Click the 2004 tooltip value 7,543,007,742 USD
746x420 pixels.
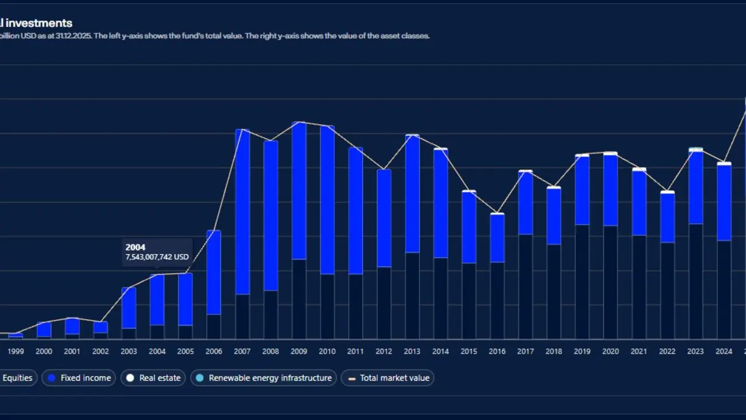[x=157, y=257]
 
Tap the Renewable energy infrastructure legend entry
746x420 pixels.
[x=264, y=378]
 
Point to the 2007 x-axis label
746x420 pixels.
[x=242, y=351]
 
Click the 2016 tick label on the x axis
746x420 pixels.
[x=497, y=351]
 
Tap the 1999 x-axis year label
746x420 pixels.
[x=16, y=351]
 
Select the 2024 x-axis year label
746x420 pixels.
[x=724, y=351]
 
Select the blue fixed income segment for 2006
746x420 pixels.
[x=214, y=272]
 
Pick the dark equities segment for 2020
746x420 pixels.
[x=610, y=282]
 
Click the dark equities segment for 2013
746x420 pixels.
[x=412, y=296]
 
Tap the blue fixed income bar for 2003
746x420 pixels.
[x=129, y=308]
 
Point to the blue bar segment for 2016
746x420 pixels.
[x=497, y=238]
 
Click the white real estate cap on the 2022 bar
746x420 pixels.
[x=667, y=192]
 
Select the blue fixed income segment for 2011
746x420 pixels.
[x=356, y=211]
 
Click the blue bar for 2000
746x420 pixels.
[x=44, y=330]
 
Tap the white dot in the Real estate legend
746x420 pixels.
[x=130, y=378]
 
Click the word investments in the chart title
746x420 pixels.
[x=39, y=23]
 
